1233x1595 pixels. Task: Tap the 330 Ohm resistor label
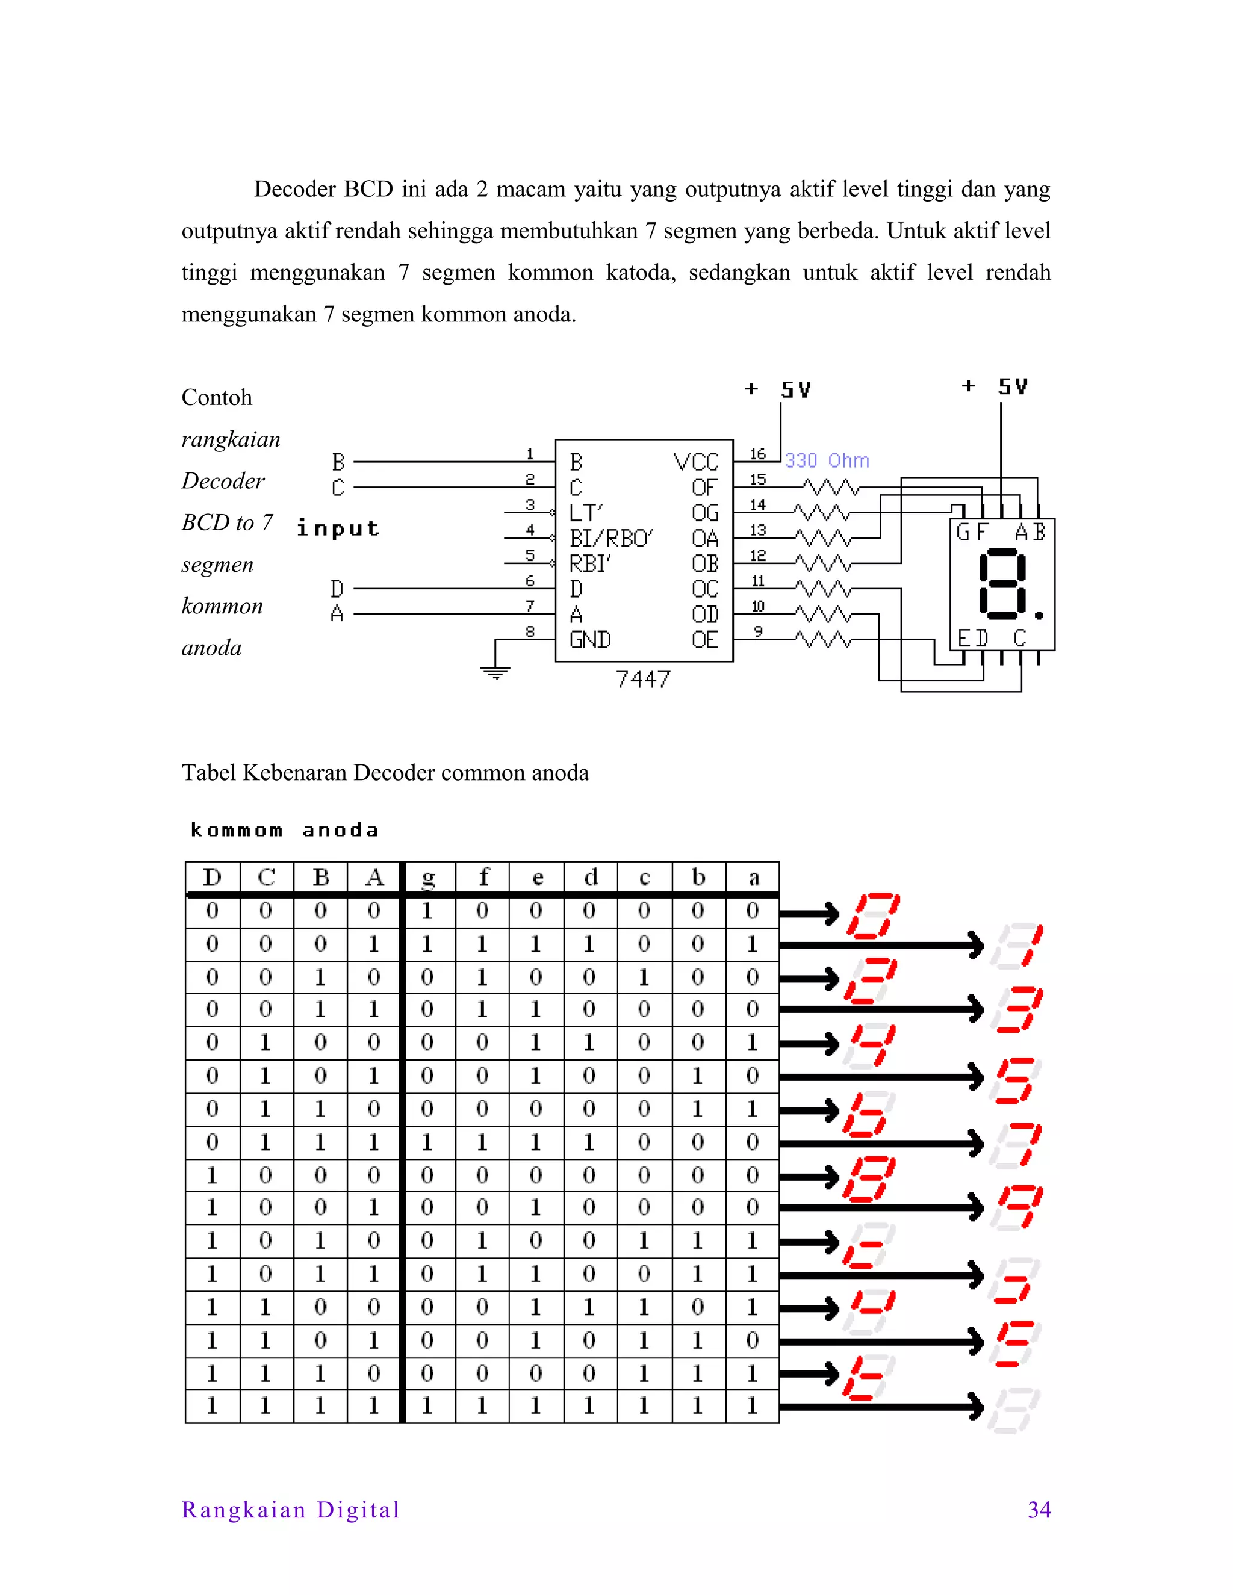click(x=827, y=461)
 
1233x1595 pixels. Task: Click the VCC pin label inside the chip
click(x=695, y=462)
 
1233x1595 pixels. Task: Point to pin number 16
click(x=757, y=454)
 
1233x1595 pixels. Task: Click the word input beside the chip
click(x=338, y=528)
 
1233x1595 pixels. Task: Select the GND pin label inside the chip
click(x=590, y=640)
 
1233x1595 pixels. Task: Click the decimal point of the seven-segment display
click(x=1039, y=616)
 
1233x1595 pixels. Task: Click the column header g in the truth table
click(x=429, y=877)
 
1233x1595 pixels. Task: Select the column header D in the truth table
click(x=212, y=877)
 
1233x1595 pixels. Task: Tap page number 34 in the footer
click(x=1039, y=1510)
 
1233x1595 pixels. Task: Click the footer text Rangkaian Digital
click(x=291, y=1510)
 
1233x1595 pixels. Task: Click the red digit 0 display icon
click(x=873, y=914)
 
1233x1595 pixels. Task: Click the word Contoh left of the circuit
click(x=217, y=397)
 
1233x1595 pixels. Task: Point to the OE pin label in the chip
click(x=705, y=640)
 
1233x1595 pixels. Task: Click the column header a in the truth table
click(x=753, y=877)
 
